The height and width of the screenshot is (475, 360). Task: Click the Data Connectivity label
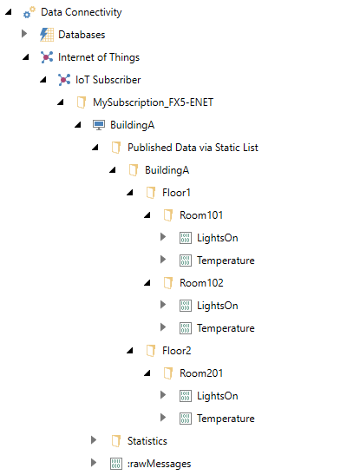[81, 12]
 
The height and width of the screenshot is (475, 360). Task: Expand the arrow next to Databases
[24, 34]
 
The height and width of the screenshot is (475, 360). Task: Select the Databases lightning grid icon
[47, 35]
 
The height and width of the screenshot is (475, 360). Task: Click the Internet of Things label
[99, 57]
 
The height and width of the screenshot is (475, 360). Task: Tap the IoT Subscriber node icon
[64, 80]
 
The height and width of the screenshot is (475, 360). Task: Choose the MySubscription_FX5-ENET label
[153, 102]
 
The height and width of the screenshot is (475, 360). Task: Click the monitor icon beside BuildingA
[99, 125]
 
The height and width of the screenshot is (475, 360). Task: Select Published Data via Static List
[193, 148]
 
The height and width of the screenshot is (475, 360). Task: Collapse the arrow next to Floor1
[130, 193]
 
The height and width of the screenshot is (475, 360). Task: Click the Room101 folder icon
[168, 215]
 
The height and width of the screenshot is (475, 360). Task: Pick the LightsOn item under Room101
[217, 238]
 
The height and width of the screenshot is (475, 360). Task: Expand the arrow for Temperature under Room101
[163, 260]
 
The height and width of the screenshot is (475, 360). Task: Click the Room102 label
[201, 283]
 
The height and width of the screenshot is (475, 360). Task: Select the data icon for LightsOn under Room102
[186, 306]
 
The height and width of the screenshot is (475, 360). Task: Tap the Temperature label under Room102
[226, 328]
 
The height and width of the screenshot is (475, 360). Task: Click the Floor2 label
[177, 351]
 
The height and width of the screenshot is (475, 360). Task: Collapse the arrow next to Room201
[147, 373]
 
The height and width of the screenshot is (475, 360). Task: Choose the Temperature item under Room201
[226, 419]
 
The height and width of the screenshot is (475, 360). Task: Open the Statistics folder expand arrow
[94, 440]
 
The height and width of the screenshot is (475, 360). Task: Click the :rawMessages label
[159, 464]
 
